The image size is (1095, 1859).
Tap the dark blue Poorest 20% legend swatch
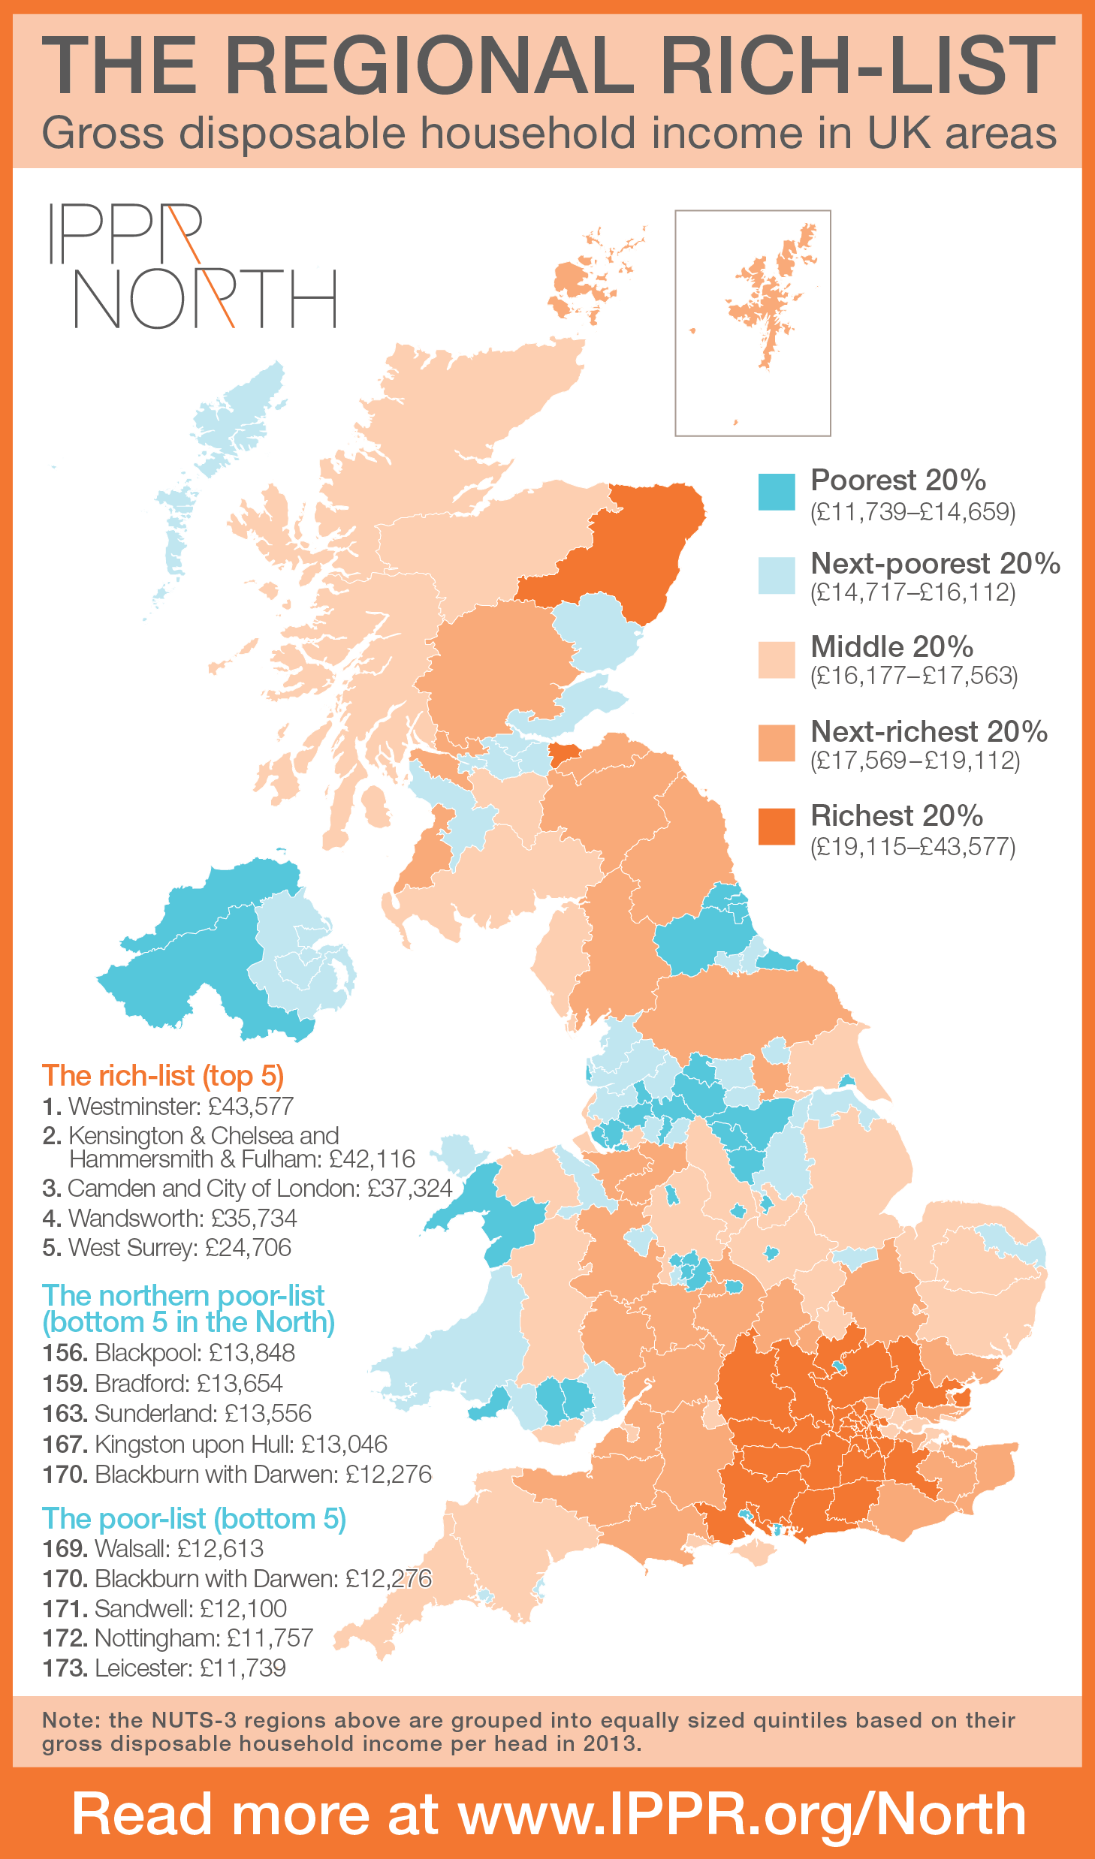tap(776, 492)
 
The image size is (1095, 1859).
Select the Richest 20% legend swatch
tap(776, 826)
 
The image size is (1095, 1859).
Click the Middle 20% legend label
tap(891, 646)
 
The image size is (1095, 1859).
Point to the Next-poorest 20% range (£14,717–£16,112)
tap(912, 592)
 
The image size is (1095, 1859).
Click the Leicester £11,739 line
tap(164, 1668)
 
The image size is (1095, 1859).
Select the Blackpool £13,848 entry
tap(168, 1352)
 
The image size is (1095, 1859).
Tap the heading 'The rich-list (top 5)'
tap(163, 1075)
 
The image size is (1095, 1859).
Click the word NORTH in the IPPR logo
tap(204, 299)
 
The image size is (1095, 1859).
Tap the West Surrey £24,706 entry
tap(167, 1247)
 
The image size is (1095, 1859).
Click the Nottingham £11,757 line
tap(177, 1638)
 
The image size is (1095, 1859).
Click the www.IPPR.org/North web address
tap(742, 1814)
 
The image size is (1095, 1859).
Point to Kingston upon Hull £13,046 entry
tap(215, 1444)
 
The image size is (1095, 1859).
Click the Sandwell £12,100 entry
tap(164, 1608)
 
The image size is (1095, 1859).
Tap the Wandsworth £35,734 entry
tap(170, 1218)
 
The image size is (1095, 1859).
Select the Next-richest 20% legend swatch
tap(776, 743)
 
